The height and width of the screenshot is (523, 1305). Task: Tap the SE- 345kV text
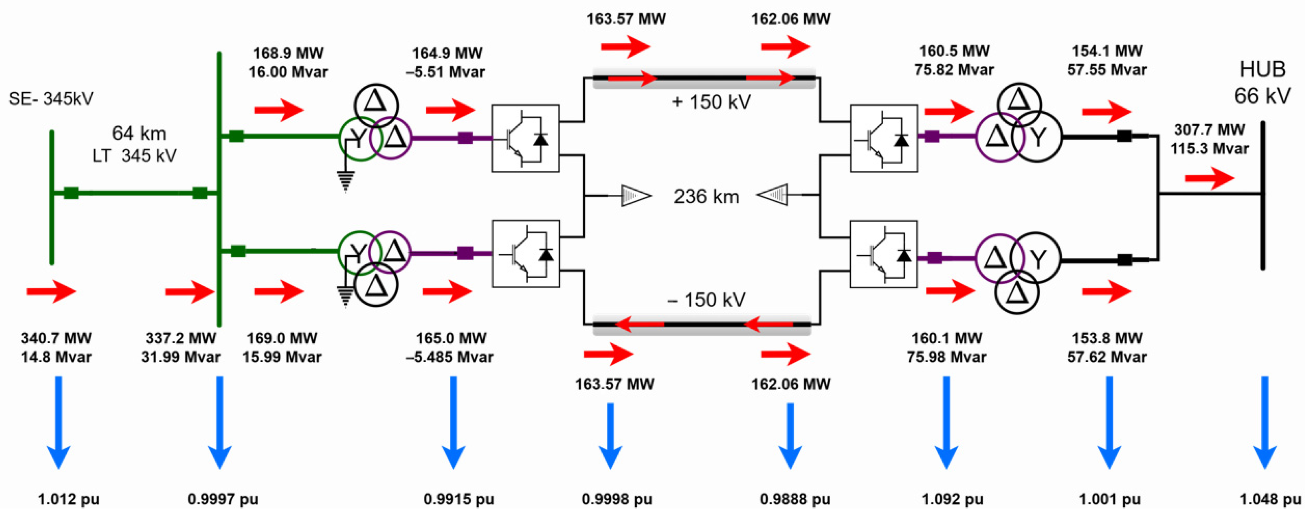click(51, 98)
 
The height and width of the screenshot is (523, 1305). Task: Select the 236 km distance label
click(706, 197)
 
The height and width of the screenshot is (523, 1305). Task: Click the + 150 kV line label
click(711, 102)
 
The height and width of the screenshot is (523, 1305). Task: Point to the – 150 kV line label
click(706, 300)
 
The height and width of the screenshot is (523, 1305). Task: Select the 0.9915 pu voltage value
click(459, 499)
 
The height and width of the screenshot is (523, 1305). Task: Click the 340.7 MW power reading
click(56, 338)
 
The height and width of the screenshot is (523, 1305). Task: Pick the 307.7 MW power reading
click(1209, 130)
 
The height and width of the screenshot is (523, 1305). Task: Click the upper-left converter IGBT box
click(525, 138)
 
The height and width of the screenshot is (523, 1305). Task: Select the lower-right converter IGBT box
click(884, 254)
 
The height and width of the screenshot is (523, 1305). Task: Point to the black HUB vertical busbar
click(1262, 195)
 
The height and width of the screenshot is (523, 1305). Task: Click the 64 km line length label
click(139, 133)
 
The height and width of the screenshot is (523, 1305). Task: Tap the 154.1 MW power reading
click(1107, 51)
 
